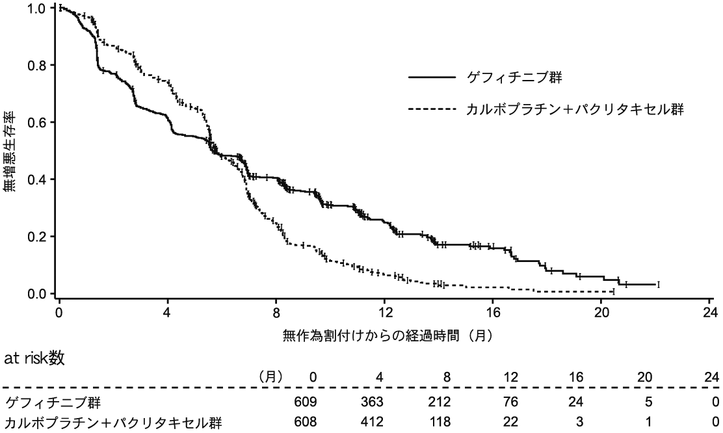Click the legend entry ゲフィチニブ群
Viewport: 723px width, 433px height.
click(x=514, y=77)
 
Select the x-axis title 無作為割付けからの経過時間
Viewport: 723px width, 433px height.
click(x=386, y=336)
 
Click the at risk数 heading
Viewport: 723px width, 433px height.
click(x=34, y=358)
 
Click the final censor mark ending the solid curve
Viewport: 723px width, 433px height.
click(x=659, y=284)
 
